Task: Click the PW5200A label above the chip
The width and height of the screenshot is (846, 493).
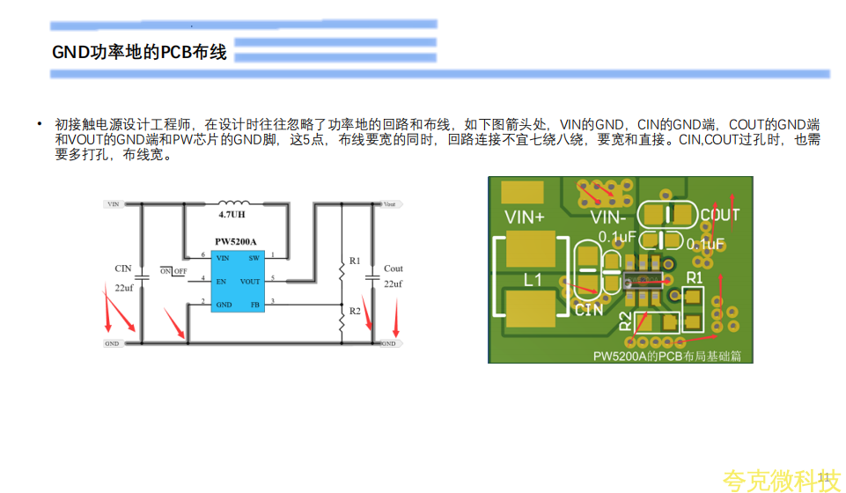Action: coord(235,240)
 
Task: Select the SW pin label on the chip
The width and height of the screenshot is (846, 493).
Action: coord(254,257)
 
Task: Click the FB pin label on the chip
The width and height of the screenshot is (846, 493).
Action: coord(255,304)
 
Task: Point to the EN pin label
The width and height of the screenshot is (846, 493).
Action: coord(221,281)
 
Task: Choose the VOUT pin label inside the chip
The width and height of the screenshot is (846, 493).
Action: coord(250,281)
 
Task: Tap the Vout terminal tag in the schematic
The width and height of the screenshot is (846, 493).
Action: coord(388,203)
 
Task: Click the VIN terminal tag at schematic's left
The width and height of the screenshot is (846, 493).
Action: coord(113,203)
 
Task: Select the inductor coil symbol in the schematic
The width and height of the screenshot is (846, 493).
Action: coord(233,202)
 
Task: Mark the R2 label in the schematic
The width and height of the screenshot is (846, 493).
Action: coord(355,311)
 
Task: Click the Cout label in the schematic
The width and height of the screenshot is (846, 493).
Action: coord(394,269)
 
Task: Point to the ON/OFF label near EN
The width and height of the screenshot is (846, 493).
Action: coord(173,271)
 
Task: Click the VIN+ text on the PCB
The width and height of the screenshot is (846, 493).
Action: coord(525,216)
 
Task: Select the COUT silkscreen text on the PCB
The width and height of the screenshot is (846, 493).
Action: coord(720,214)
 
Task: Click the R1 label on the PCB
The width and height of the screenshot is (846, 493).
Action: coord(695,277)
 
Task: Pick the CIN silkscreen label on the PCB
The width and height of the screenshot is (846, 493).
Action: coord(589,310)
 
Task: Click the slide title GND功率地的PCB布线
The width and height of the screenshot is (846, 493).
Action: coord(139,53)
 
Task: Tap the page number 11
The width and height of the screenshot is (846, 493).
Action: coord(825,478)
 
